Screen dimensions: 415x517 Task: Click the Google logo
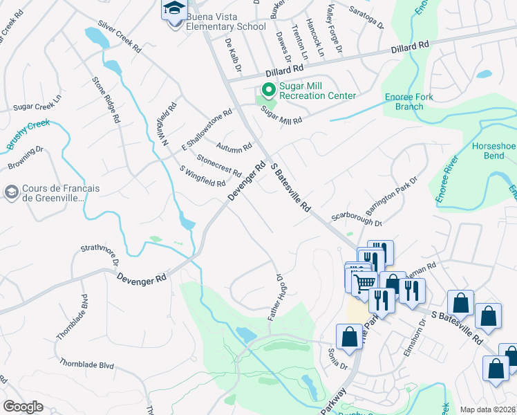tap(23, 407)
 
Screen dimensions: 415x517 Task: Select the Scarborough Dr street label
tap(357, 220)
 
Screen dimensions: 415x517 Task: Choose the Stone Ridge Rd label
tap(106, 100)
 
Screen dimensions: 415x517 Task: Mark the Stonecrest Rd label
tap(218, 165)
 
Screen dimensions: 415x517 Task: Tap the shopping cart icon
tap(364, 280)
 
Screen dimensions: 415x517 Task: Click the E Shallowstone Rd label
tap(206, 129)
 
